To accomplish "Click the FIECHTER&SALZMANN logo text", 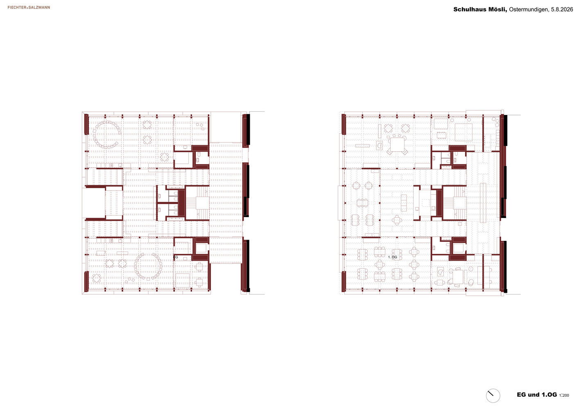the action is [29, 7].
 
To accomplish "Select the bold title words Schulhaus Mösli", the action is [480, 9].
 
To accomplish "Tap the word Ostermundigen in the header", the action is [528, 9].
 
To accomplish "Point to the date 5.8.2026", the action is [562, 9].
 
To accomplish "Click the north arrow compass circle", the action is [493, 396].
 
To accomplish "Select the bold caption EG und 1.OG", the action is [537, 395].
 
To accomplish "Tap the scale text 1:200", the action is [564, 396].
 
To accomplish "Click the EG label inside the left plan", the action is [176, 257].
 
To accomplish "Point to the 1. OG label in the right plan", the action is [392, 257].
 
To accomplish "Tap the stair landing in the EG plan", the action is [202, 203].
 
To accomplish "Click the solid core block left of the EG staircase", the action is [181, 203].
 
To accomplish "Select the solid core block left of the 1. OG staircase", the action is [439, 203].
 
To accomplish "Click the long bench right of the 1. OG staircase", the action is [483, 203].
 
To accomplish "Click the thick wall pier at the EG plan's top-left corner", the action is [86, 124].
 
